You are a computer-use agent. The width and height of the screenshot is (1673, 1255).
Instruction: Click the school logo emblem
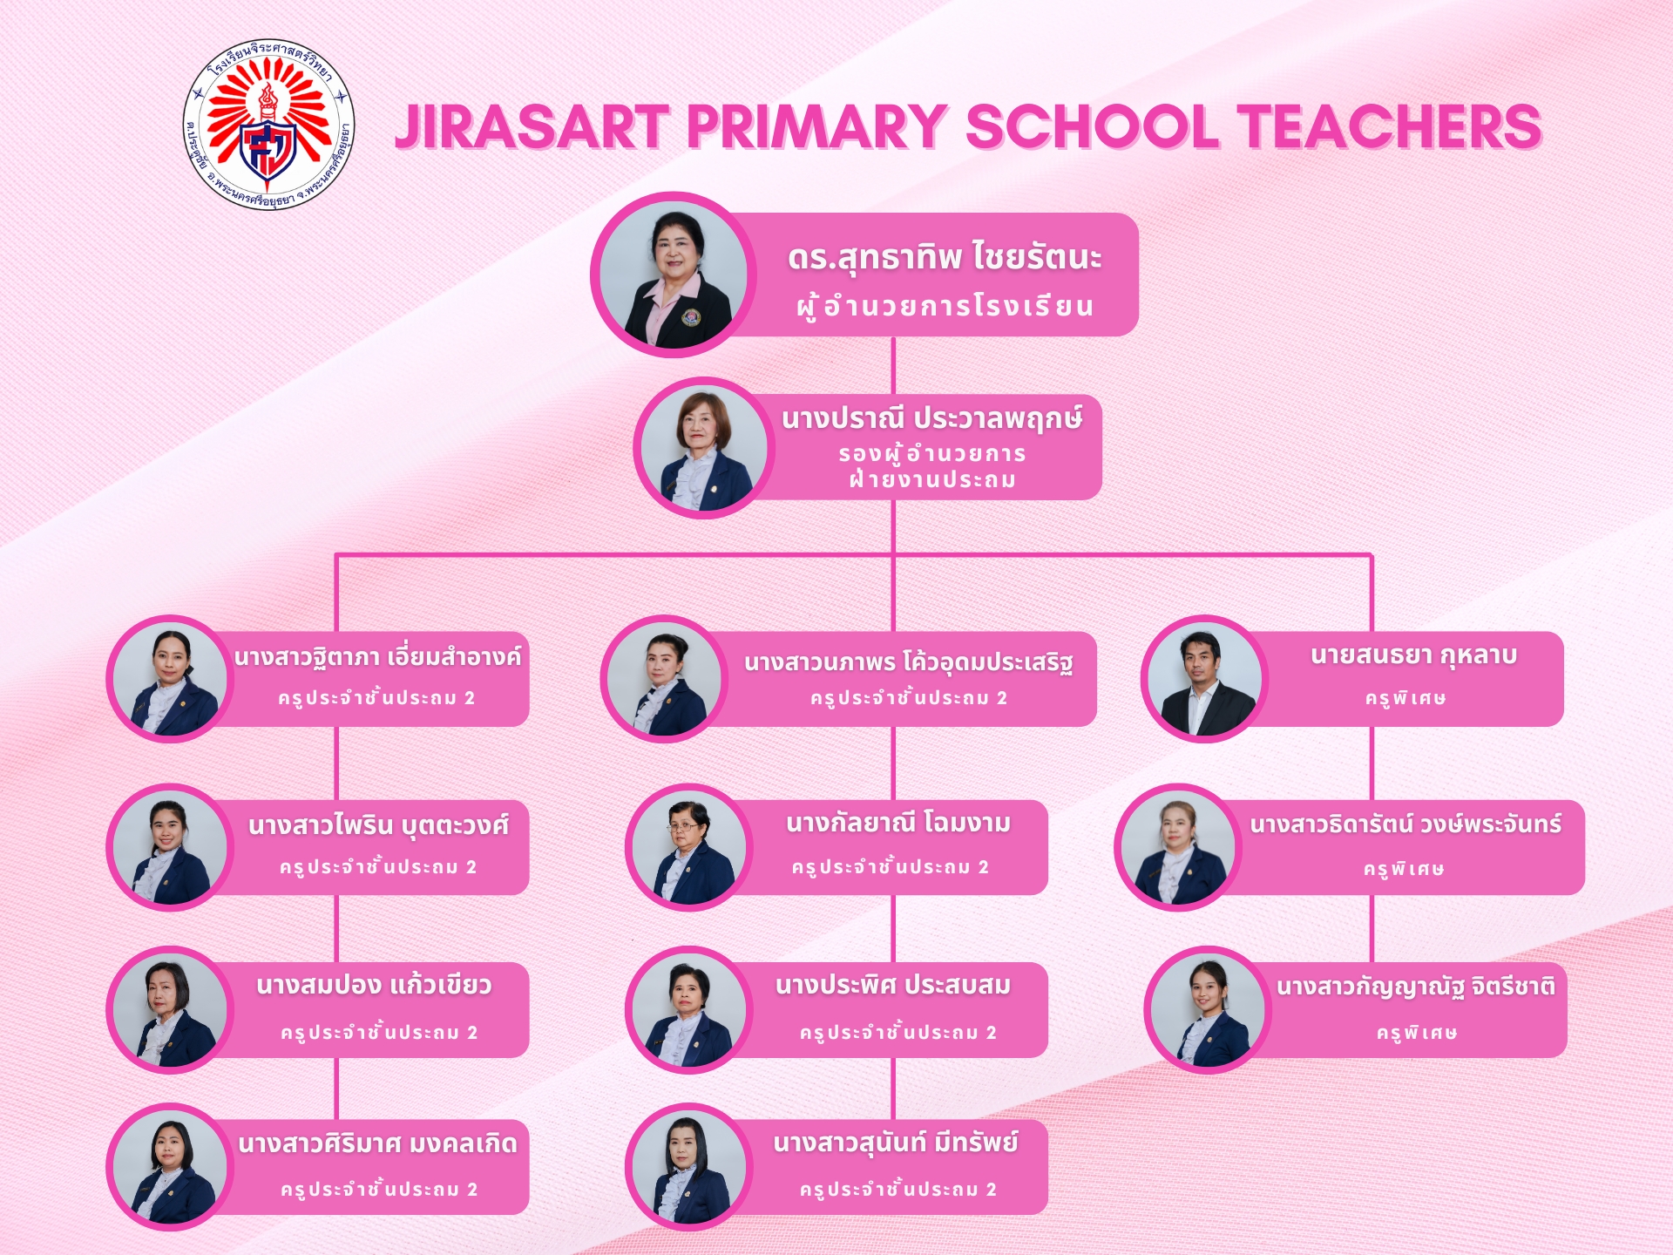pyautogui.click(x=269, y=125)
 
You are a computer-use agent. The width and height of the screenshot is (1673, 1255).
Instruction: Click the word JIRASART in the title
pyautogui.click(x=532, y=126)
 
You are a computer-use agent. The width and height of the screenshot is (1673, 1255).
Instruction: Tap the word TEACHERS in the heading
pyautogui.click(x=1389, y=126)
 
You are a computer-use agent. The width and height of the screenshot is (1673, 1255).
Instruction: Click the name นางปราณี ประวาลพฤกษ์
pyautogui.click(x=931, y=419)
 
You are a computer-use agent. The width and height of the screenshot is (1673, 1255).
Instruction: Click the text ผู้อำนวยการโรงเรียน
pyautogui.click(x=945, y=306)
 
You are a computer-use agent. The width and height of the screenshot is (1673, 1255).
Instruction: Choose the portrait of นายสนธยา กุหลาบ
pyautogui.click(x=1204, y=679)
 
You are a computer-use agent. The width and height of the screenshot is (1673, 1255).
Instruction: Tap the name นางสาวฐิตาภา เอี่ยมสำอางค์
pyautogui.click(x=377, y=656)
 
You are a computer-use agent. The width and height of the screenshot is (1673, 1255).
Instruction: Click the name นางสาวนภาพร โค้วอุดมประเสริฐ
pyautogui.click(x=908, y=662)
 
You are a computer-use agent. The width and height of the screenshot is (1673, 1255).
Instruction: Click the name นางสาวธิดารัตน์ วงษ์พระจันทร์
pyautogui.click(x=1405, y=824)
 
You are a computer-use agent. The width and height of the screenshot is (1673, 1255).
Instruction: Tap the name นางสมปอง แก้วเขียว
pyautogui.click(x=374, y=986)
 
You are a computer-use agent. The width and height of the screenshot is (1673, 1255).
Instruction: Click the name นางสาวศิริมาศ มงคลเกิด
pyautogui.click(x=377, y=1143)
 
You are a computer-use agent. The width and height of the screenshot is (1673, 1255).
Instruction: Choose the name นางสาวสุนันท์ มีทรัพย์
pyautogui.click(x=896, y=1142)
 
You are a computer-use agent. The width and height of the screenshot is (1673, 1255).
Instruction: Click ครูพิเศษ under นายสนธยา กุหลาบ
pyautogui.click(x=1405, y=698)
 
